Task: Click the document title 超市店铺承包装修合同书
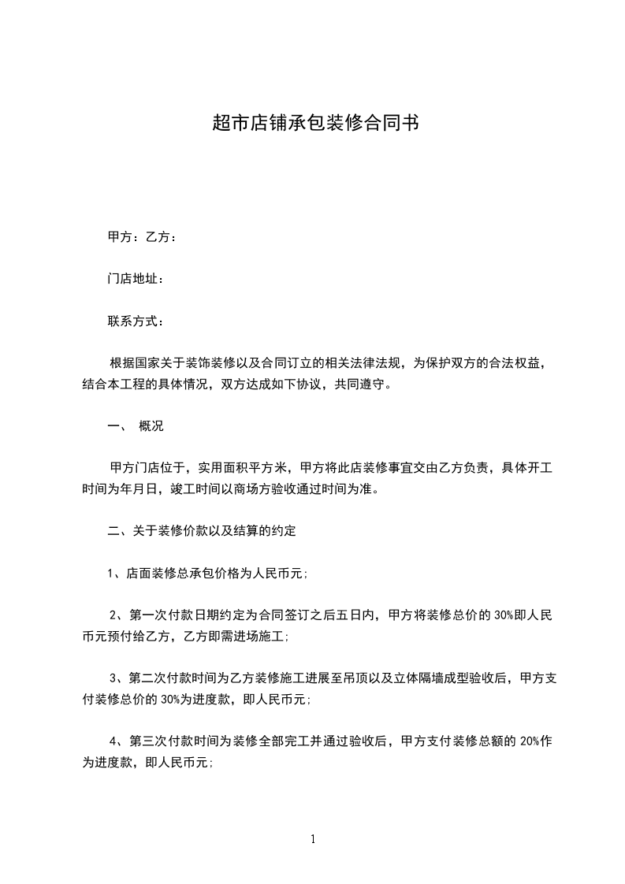pyautogui.click(x=312, y=123)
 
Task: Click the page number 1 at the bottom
pyautogui.click(x=313, y=839)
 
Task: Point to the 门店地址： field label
pyautogui.click(x=136, y=279)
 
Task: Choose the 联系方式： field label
pyautogui.click(x=136, y=321)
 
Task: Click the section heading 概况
pyautogui.click(x=151, y=426)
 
